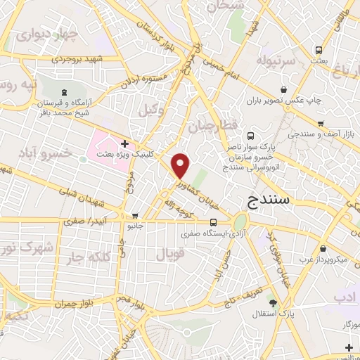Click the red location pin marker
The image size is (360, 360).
click(181, 165)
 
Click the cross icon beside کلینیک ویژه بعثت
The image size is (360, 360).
click(124, 144)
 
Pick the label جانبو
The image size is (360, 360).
click(134, 226)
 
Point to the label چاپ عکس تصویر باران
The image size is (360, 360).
click(283, 101)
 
